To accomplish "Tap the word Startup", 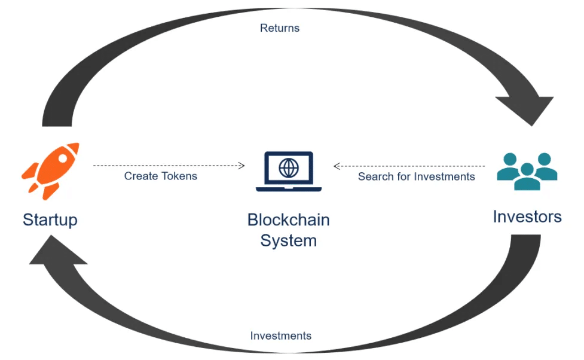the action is [x=50, y=220].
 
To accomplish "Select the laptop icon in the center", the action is [x=289, y=172].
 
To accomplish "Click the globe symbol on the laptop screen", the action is [x=289, y=167].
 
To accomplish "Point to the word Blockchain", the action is [x=289, y=220].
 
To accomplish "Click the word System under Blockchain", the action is [x=289, y=241].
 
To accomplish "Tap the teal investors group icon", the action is [x=527, y=172].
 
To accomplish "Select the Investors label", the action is [x=527, y=216].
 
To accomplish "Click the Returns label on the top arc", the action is [x=280, y=28].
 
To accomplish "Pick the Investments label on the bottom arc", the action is [x=281, y=335].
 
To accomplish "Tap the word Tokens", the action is [x=180, y=176].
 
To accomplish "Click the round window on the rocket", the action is [x=63, y=158].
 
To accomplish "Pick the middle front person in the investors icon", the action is [x=527, y=178].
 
